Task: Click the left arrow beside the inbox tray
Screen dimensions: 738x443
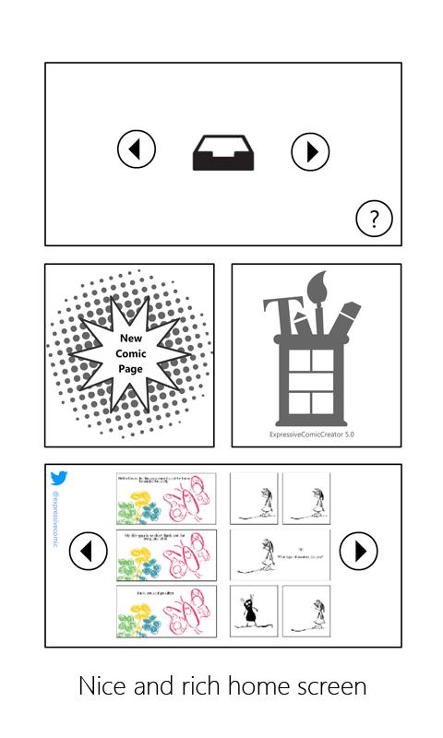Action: pos(137,150)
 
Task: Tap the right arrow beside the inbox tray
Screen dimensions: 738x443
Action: pos(310,151)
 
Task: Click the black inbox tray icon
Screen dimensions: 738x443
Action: pos(222,152)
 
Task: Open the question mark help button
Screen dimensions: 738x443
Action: pos(374,220)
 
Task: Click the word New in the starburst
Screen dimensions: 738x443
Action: pos(130,339)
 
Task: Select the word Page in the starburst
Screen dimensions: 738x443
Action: pos(130,368)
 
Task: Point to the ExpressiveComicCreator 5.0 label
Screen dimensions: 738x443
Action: pos(316,433)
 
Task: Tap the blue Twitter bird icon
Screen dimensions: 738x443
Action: pos(59,478)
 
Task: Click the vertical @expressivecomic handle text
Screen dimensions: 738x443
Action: pos(57,521)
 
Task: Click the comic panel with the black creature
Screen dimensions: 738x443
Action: pos(253,611)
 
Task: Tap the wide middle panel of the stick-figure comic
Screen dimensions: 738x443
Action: pos(279,553)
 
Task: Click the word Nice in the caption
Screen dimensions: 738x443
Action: pos(101,686)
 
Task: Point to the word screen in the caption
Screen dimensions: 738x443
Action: pos(334,686)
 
